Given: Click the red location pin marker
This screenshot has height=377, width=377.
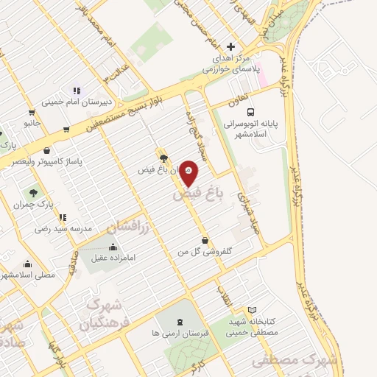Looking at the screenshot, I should [x=189, y=172].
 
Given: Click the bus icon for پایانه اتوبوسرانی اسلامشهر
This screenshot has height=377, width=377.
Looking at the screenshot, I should [x=251, y=113].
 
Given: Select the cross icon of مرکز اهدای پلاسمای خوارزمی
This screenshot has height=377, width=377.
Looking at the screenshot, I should [x=230, y=46].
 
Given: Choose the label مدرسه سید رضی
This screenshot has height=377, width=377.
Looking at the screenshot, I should [x=63, y=229].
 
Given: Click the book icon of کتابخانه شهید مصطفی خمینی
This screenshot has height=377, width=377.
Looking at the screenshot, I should [x=253, y=311].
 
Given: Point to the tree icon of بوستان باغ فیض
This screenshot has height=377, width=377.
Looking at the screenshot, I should [x=163, y=158].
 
